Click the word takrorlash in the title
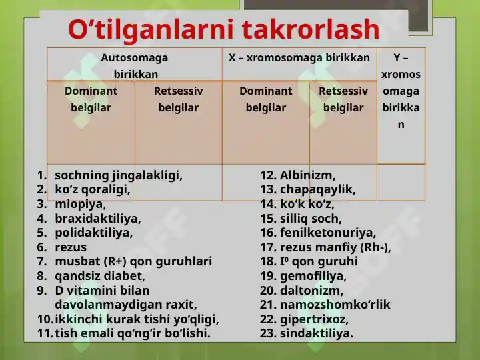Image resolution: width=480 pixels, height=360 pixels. click(311, 30)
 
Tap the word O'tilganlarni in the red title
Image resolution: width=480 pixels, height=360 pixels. click(151, 30)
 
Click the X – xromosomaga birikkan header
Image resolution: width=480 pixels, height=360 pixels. click(299, 57)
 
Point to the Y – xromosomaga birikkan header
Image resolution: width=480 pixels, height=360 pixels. click(401, 91)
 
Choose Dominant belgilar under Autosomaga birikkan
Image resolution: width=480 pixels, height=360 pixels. click(91, 99)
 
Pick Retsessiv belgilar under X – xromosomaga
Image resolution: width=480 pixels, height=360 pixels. click(343, 99)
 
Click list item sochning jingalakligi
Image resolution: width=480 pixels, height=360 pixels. click(119, 175)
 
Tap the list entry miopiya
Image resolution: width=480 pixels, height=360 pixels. click(81, 204)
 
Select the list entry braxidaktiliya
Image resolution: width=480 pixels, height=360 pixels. click(98, 219)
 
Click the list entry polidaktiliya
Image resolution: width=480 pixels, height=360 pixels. click(94, 233)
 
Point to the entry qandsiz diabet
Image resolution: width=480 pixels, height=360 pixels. click(100, 276)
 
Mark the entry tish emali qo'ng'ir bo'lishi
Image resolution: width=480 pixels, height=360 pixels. click(133, 333)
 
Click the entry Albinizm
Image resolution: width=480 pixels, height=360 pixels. click(307, 175)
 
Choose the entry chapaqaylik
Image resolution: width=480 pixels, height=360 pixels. click(318, 190)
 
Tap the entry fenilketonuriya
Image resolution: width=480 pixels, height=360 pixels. click(328, 233)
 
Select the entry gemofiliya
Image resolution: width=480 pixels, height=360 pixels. click(313, 276)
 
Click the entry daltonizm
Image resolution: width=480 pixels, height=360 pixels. click(311, 291)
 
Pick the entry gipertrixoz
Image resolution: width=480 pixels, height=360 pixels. click(314, 319)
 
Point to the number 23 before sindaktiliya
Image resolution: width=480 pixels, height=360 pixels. click(267, 333)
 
